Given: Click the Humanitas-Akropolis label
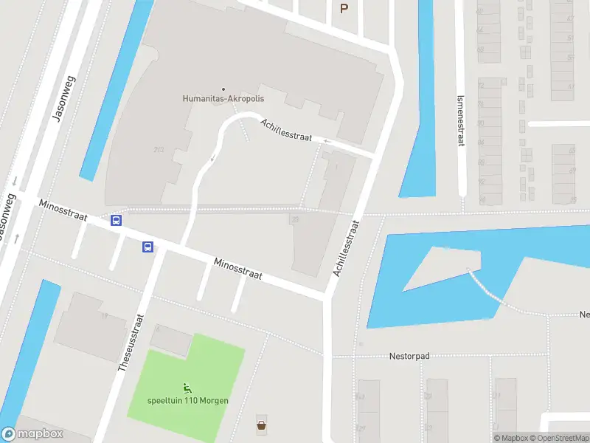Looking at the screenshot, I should pos(223,98).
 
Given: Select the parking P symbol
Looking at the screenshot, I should pos(343,8).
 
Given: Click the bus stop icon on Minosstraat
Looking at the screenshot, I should pos(116,219).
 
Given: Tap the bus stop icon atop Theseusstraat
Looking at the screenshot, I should pos(147,247).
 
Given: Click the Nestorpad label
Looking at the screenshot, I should pos(409,356).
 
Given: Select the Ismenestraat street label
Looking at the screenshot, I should pos(460,120).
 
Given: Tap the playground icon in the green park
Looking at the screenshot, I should pos(187,388).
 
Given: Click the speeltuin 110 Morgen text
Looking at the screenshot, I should pos(188,401).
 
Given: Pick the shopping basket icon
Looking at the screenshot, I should pos(261,425).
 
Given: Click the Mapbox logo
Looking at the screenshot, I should pos(32,434).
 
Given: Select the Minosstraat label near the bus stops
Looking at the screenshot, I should pos(64,210).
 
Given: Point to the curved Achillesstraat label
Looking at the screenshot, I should pos(286,129).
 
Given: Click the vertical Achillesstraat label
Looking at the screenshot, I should pos(345,247).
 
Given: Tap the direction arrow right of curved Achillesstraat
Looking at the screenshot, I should pos(327,140).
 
